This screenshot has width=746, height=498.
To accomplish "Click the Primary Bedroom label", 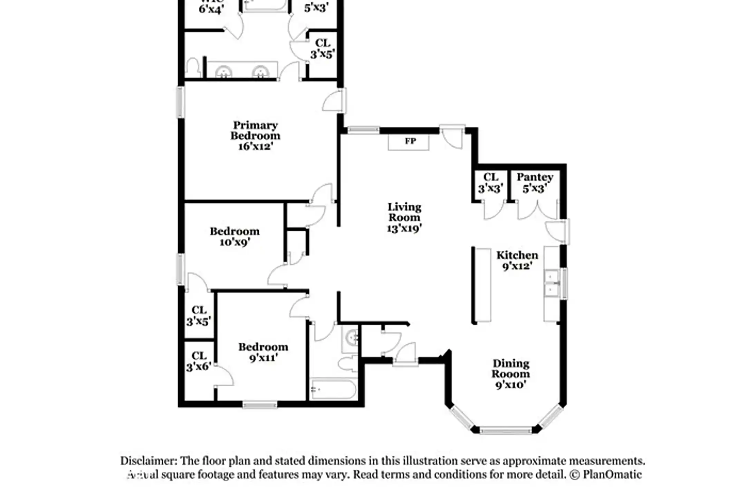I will point(255,130).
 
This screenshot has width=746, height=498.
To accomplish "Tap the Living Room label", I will point(404,212).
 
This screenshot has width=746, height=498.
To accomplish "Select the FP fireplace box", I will point(409,142).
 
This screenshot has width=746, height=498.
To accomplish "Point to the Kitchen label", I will point(517,256).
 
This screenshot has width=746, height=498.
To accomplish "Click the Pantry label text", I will point(535,177).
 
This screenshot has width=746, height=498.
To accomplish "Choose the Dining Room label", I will point(511,369).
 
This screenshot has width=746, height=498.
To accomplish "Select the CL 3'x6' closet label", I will point(199,361).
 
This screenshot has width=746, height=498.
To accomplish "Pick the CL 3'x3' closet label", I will point(490,183).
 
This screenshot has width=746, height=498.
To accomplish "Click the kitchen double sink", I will point(552,284).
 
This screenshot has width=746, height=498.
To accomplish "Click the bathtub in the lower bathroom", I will point(333,389).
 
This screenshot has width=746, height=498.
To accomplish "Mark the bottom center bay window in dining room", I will point(505,431).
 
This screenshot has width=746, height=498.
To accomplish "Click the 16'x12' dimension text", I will point(255,146).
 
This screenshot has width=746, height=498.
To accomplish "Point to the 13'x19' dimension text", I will point(404,228).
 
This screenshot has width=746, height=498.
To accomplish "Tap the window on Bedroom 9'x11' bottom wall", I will point(260,404).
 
